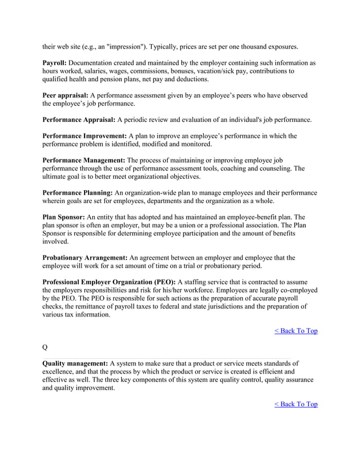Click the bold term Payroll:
click(55, 63)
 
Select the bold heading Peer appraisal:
click(65, 95)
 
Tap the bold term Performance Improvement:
click(85, 136)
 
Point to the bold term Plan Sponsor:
click(64, 217)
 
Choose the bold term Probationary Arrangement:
click(86, 258)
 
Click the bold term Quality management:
click(76, 363)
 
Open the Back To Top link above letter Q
click(296, 331)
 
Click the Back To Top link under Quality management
click(296, 404)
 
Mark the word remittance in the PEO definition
click(95, 307)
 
